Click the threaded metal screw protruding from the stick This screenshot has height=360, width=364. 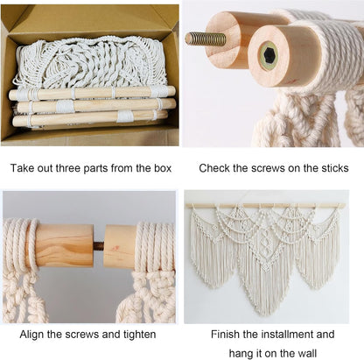[206, 39]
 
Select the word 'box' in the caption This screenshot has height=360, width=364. [163, 168]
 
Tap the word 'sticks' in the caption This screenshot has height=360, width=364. [335, 168]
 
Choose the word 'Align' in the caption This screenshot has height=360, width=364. [31, 335]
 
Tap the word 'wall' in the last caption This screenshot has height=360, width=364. [306, 353]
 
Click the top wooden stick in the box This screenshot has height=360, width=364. [92, 94]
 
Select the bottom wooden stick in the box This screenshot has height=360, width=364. [90, 119]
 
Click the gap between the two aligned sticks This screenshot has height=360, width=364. [99, 244]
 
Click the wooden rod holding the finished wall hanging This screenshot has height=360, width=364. [265, 206]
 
